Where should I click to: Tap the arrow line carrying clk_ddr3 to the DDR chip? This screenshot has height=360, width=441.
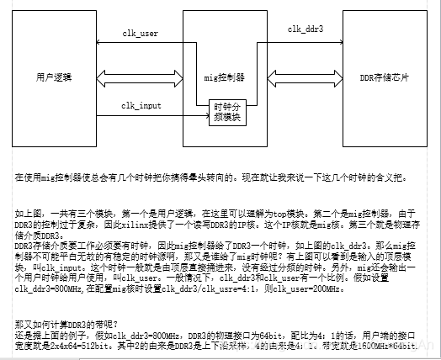306,40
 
